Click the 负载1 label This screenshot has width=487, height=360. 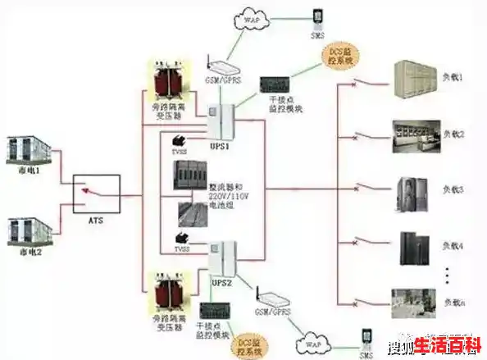[x=453, y=77]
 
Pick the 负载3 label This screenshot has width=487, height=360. [x=453, y=189]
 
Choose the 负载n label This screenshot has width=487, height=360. [x=453, y=303]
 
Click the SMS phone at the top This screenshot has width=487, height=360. [x=317, y=18]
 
